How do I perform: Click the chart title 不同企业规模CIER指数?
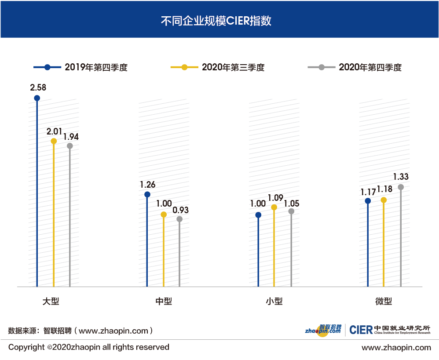(x=219, y=21)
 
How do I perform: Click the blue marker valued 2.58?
(x=37, y=98)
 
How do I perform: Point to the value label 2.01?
(x=55, y=131)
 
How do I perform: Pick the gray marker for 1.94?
(x=70, y=146)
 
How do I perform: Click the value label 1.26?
(x=147, y=185)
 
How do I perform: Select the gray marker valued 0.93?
(x=179, y=219)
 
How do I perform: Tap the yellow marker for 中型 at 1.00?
(x=164, y=215)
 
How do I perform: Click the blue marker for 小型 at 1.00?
(x=258, y=215)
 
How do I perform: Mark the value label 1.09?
(x=275, y=198)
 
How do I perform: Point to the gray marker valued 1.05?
(x=291, y=211)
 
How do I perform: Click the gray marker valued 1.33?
(x=401, y=187)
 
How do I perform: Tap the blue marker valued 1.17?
(x=368, y=201)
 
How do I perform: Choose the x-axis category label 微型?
(x=383, y=302)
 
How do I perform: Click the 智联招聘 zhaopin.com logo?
(x=323, y=330)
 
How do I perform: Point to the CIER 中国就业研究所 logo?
(x=390, y=330)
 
